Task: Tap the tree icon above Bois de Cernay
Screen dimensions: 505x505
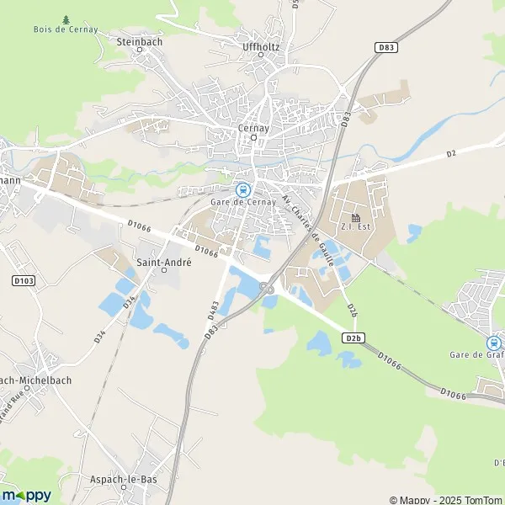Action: coord(66,19)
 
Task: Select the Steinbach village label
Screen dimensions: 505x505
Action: coord(139,40)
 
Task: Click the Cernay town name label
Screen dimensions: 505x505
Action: coord(252,128)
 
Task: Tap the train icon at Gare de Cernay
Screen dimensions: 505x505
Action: coord(243,190)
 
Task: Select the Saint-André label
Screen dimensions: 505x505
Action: coord(164,262)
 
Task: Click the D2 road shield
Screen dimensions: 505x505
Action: coord(450,153)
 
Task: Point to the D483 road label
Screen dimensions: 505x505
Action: coord(214,311)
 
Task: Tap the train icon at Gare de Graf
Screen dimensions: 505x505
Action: coord(493,343)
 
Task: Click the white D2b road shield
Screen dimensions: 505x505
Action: coord(353,338)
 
